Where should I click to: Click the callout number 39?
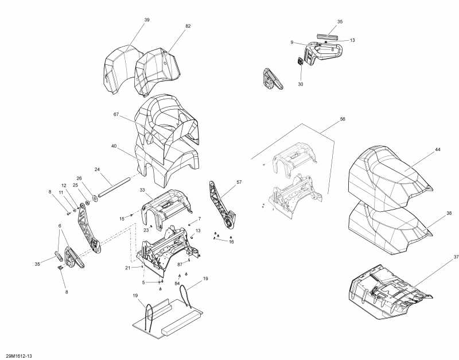[147, 20]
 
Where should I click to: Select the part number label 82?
[188, 26]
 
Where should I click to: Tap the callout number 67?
[116, 115]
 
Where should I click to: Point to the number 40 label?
[114, 146]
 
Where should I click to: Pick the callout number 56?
[343, 119]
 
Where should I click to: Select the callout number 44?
[437, 149]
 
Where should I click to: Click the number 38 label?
[449, 212]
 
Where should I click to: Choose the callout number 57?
[240, 182]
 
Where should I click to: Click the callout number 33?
[142, 189]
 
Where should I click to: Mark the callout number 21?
[127, 268]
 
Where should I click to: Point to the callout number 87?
[180, 264]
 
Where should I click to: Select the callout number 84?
[177, 284]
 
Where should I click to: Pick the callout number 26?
[79, 178]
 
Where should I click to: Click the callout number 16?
[231, 242]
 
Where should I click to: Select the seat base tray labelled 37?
[384, 287]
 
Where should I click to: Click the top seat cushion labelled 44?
[390, 167]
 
